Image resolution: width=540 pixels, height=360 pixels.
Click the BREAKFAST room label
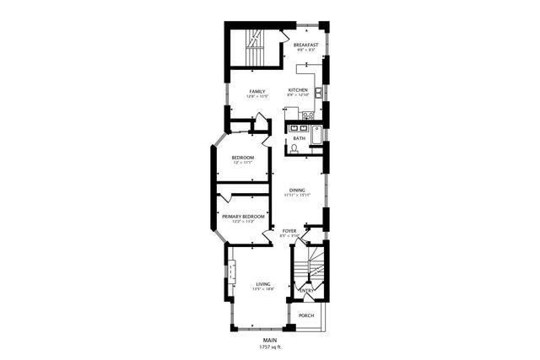coord(306,45)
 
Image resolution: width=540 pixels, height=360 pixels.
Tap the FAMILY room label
coord(256,91)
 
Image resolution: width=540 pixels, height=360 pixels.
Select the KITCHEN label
coord(298,90)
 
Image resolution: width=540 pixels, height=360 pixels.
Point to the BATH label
coord(300,138)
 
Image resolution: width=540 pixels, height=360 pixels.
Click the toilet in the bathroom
coord(294,148)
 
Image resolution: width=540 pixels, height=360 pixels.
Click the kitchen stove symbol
coord(309,115)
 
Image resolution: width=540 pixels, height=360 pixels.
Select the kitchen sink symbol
coord(317,91)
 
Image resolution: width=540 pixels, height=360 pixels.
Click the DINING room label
coord(297,190)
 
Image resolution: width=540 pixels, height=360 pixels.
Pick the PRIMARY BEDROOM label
coord(243,217)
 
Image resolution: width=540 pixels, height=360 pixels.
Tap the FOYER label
coord(289,230)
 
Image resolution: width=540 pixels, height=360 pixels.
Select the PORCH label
coord(306,315)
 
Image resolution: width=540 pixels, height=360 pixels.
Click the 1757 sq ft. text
coord(270,347)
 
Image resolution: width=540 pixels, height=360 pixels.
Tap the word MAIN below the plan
coord(270,340)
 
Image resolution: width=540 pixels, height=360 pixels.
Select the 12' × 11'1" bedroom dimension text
coord(243,162)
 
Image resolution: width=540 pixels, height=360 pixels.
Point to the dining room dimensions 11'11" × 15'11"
coord(297,196)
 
